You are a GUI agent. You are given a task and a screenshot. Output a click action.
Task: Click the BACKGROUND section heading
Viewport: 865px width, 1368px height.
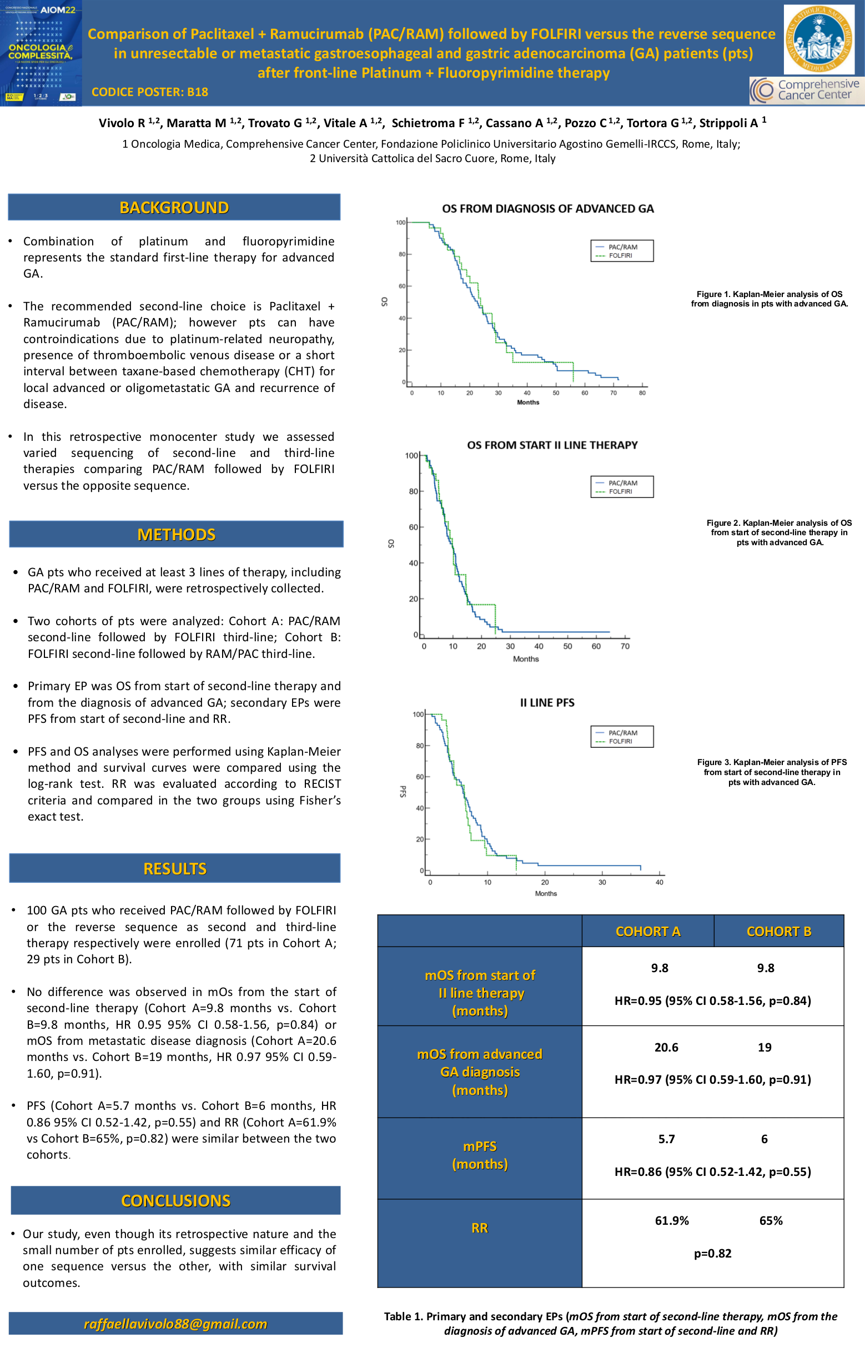174,207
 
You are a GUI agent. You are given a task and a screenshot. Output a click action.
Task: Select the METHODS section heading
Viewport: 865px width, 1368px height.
176,535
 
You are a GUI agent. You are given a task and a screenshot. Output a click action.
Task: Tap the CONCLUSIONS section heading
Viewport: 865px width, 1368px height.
175,1200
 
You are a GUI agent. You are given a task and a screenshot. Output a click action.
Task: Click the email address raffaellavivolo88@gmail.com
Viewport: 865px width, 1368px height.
175,1324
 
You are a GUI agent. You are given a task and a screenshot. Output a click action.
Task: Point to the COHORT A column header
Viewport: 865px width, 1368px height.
647,931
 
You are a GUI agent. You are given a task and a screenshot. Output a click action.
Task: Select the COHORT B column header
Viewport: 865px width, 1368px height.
779,931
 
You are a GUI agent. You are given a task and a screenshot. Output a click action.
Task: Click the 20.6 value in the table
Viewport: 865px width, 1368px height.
666,1047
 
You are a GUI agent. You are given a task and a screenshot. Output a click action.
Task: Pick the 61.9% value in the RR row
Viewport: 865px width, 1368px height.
671,1220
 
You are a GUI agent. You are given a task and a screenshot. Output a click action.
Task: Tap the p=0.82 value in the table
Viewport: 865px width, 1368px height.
712,1253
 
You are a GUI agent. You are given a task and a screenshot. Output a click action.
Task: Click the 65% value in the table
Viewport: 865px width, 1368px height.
771,1220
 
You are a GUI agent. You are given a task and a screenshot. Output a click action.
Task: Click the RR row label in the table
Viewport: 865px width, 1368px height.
479,1228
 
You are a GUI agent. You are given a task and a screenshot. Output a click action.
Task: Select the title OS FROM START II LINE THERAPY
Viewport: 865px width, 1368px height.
552,445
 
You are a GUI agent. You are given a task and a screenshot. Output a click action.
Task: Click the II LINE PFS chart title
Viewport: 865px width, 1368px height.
547,703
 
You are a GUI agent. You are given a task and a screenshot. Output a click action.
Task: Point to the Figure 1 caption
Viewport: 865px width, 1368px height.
769,299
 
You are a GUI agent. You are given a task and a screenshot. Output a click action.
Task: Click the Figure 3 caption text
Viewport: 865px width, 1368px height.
771,772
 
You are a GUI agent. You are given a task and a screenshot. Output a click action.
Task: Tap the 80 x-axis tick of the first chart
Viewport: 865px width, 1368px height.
642,393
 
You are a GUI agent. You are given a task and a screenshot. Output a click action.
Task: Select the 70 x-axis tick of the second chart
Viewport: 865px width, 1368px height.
625,646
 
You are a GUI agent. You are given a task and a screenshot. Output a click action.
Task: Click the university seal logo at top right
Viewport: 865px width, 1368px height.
818,39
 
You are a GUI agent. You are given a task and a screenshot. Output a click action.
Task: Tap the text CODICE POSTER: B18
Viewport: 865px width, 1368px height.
150,92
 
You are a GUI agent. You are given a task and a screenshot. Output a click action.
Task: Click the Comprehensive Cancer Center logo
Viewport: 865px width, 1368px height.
807,90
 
